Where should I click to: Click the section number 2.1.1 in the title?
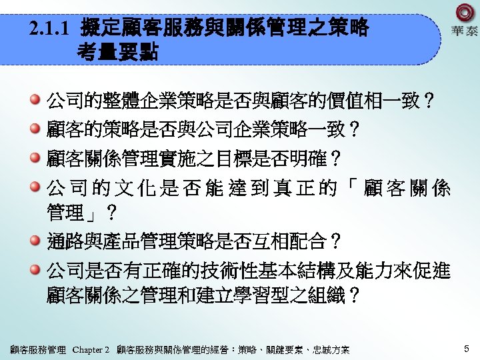coord(51,29)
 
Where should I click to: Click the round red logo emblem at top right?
coord(465,13)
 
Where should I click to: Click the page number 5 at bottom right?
coord(467,348)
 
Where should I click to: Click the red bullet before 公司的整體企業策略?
coord(35,101)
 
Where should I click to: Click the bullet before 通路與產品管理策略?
coord(35,239)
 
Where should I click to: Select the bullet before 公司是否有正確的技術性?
coord(35,269)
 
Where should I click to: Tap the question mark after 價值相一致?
coord(430,102)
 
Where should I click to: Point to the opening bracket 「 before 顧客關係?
coord(352,189)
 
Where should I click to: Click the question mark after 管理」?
coord(112,215)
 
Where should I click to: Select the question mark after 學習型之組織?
coord(355,295)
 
